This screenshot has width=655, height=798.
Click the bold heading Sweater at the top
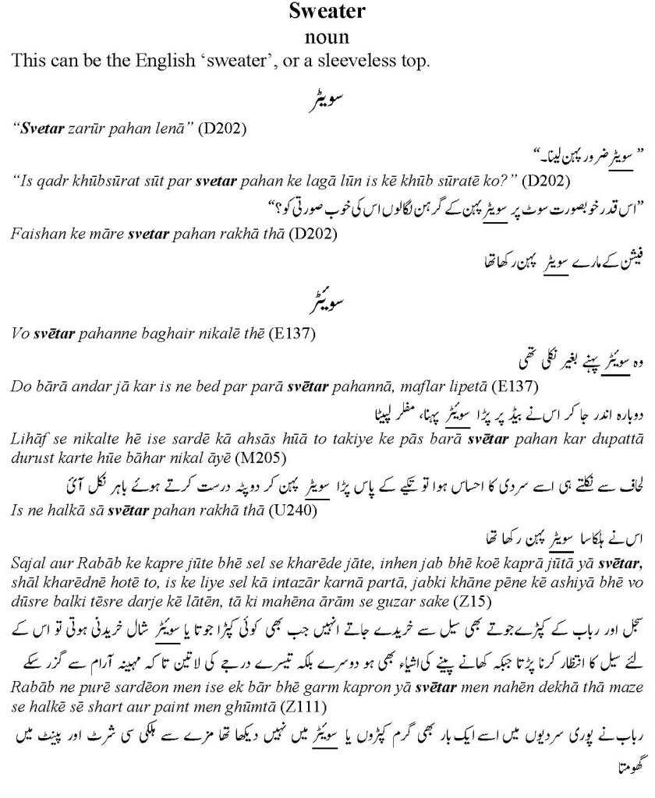click(x=327, y=12)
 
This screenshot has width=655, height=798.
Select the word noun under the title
click(x=327, y=36)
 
